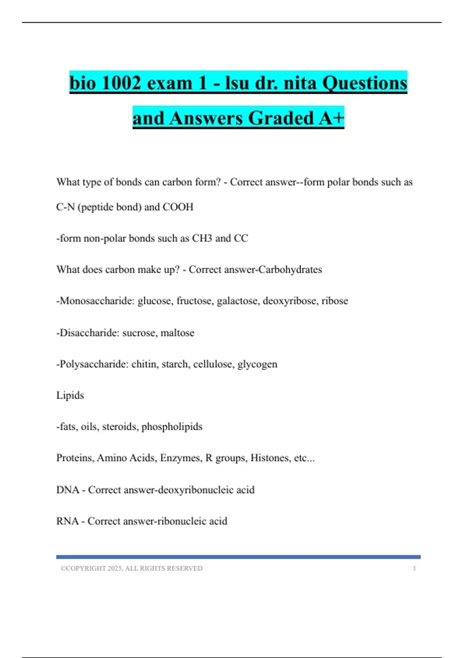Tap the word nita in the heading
pyautogui.click(x=300, y=83)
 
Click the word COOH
pyautogui.click(x=178, y=207)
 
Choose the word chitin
pyautogui.click(x=145, y=364)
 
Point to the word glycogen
pyautogui.click(x=257, y=364)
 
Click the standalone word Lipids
pyautogui.click(x=70, y=395)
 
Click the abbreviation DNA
pyautogui.click(x=68, y=490)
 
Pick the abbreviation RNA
pyautogui.click(x=67, y=521)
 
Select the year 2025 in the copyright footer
pyautogui.click(x=115, y=568)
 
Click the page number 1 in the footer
pyautogui.click(x=414, y=568)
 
